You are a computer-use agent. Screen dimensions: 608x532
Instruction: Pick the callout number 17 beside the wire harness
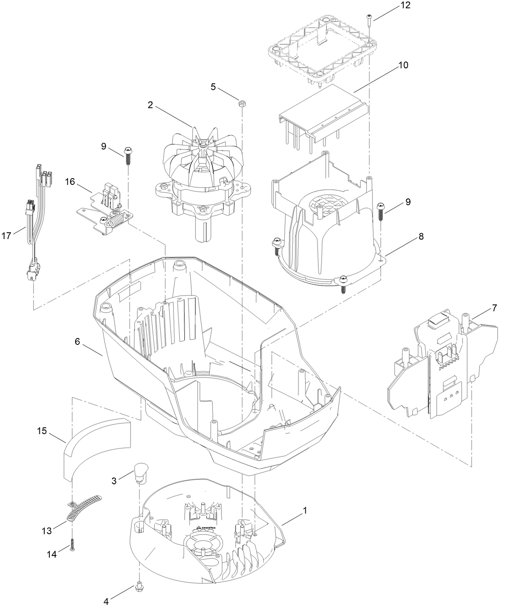6,236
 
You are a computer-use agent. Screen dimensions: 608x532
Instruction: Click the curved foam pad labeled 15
97,448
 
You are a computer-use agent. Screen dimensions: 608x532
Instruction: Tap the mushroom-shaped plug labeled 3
140,472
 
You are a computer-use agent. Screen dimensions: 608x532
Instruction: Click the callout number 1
304,511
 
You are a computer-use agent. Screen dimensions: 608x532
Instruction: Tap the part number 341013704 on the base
208,528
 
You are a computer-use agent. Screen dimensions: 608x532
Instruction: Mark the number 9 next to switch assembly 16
104,146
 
